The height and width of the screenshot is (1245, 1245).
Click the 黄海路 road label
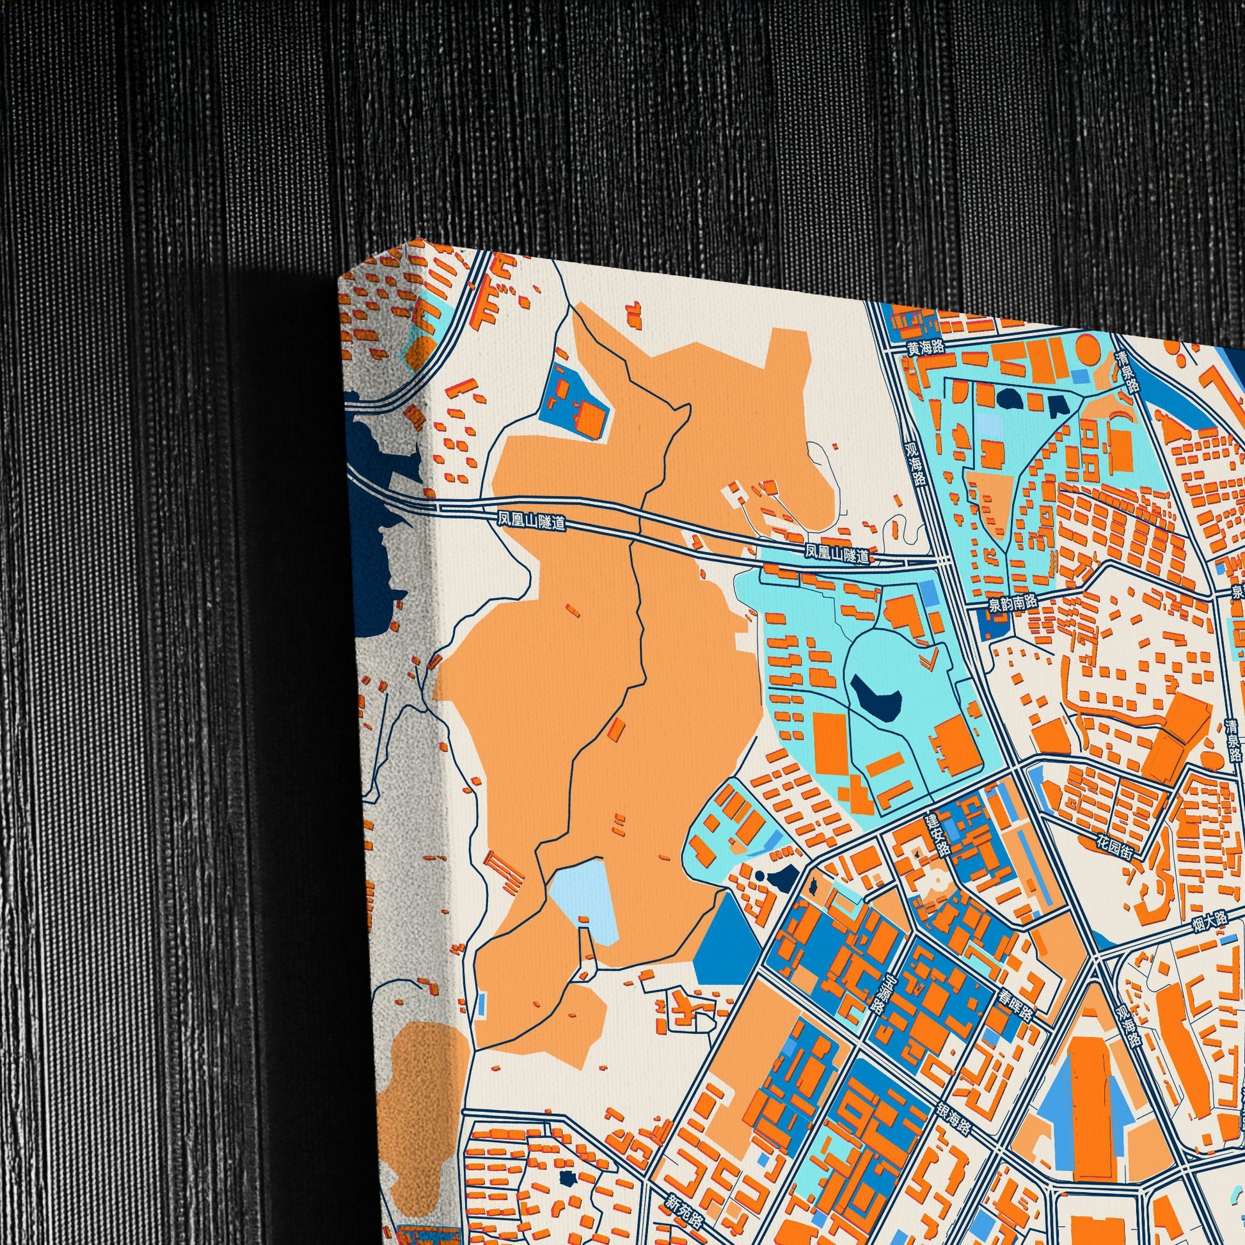point(924,347)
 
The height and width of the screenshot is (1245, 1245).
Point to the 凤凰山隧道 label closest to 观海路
point(837,553)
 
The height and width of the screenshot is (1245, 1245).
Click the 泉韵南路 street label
point(1013,602)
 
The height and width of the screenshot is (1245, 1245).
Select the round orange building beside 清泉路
point(1088,349)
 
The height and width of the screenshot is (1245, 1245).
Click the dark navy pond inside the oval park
point(875,694)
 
